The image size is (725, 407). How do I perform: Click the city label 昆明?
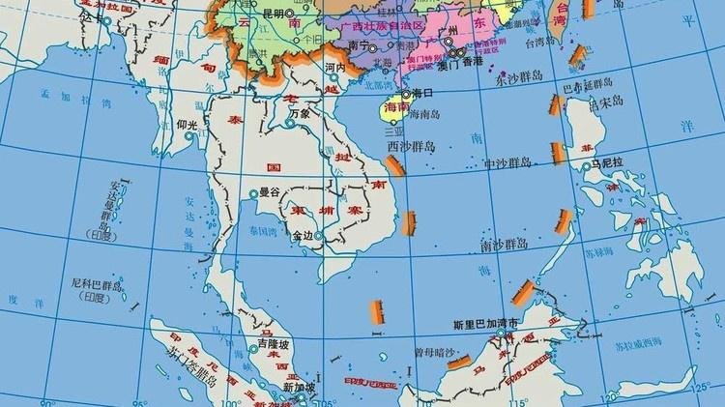tap(273, 14)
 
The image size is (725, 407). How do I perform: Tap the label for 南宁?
tap(355, 44)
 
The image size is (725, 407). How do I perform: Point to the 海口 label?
tap(421, 94)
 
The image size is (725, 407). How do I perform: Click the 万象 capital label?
tap(300, 113)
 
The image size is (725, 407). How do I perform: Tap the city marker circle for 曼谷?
tap(253, 194)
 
